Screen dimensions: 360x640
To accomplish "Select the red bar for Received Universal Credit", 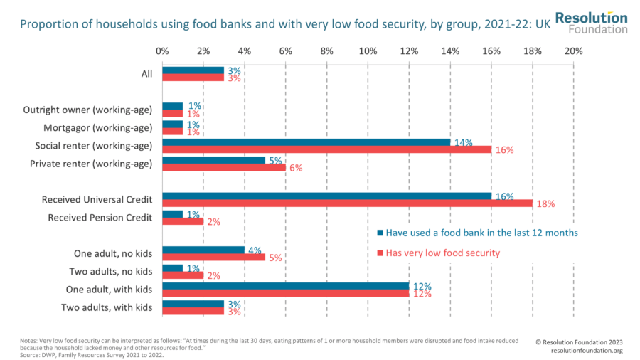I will click(347, 203).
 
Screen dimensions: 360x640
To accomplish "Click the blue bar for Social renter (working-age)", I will click(306, 142).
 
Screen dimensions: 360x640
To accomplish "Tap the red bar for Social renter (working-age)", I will click(326, 150).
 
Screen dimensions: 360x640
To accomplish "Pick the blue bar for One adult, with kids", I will click(285, 286).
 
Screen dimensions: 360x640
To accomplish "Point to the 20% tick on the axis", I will click(573, 51).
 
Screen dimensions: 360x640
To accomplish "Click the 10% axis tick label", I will click(368, 51).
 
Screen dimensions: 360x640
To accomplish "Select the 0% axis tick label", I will click(162, 51).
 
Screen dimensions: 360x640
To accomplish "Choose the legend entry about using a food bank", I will click(476, 233).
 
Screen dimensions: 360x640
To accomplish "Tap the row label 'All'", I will click(146, 74).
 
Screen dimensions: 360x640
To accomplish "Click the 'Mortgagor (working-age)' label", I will click(103, 128).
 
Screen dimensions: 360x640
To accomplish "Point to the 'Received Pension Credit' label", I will click(100, 218).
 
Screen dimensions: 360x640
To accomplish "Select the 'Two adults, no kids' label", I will click(111, 271).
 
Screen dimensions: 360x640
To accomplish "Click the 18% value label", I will click(545, 204).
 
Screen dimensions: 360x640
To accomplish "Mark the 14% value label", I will click(463, 142).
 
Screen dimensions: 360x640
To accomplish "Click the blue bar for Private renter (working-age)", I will click(213, 160).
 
